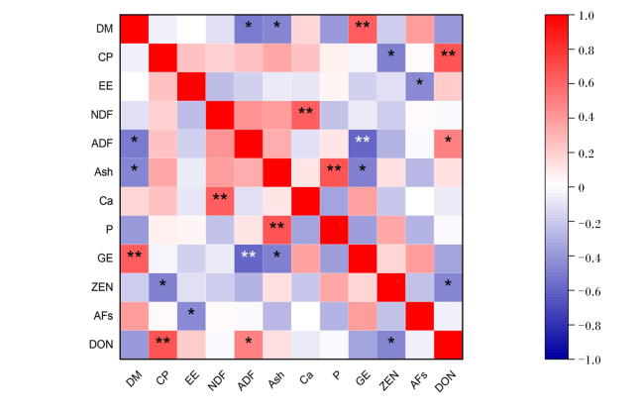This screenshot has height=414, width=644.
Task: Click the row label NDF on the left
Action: coord(101,115)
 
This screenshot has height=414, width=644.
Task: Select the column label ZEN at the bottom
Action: coord(388,379)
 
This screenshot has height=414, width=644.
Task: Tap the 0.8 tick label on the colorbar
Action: coord(587,51)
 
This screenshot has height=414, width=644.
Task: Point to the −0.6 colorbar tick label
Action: coord(590,292)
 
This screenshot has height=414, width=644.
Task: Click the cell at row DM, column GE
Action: coord(363,29)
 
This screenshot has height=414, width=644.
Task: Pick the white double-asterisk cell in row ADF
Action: coord(363,144)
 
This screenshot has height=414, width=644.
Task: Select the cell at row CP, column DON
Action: coord(448,57)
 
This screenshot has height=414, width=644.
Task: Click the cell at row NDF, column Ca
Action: coord(305,115)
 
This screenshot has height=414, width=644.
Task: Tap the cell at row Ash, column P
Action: coord(334,172)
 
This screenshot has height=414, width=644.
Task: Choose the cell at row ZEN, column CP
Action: coord(162,287)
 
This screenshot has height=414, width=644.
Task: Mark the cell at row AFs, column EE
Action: coord(191,316)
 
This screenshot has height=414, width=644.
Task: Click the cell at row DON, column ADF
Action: coord(249,345)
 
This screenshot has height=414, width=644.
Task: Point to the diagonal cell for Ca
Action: coord(305,201)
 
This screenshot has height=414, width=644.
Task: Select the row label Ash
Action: coord(103,171)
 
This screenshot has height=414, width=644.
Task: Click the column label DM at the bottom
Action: coord(134,378)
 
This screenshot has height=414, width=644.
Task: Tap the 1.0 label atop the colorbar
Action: coord(587,16)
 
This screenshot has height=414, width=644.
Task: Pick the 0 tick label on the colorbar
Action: coord(581,188)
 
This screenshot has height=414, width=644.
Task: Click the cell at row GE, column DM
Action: coord(135,259)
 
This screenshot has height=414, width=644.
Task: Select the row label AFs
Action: coord(103,316)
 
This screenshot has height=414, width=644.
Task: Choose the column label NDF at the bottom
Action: coord(217,380)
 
